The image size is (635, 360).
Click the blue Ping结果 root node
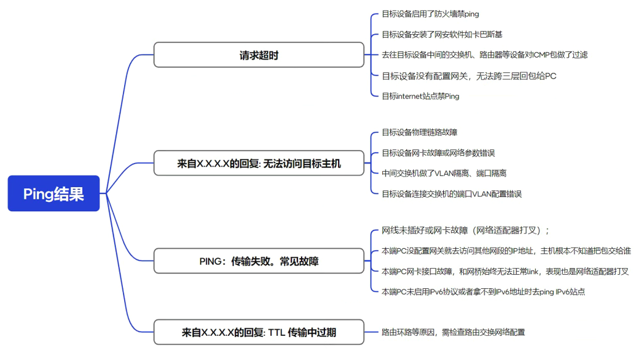tap(54, 194)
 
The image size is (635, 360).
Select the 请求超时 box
tap(259, 55)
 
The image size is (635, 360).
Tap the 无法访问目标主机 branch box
tap(259, 164)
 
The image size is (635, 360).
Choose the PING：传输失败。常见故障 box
tap(259, 261)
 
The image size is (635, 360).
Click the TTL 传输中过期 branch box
tap(259, 332)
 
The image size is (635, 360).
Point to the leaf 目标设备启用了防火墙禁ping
tap(426, 14)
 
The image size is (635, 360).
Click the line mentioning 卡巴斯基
tap(442, 35)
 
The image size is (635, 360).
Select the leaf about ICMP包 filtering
tap(484, 55)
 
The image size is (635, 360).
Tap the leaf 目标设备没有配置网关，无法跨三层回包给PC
tap(469, 76)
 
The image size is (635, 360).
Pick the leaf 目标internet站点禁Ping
tap(420, 96)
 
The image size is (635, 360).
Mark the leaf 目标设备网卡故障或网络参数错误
tap(438, 153)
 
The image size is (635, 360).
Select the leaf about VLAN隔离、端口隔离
tap(444, 174)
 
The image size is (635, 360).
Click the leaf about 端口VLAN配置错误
tap(452, 194)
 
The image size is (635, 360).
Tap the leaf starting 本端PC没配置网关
tap(506, 251)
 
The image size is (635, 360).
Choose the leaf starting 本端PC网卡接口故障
tap(504, 271)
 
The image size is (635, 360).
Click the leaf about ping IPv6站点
tap(483, 292)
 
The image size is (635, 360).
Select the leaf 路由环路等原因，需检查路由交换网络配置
tap(453, 332)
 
